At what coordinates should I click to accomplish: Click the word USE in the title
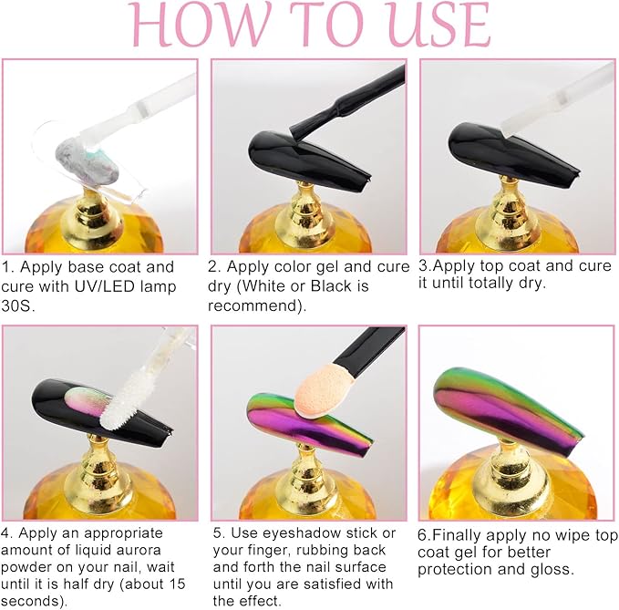433,25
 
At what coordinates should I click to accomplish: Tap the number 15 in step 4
177,584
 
